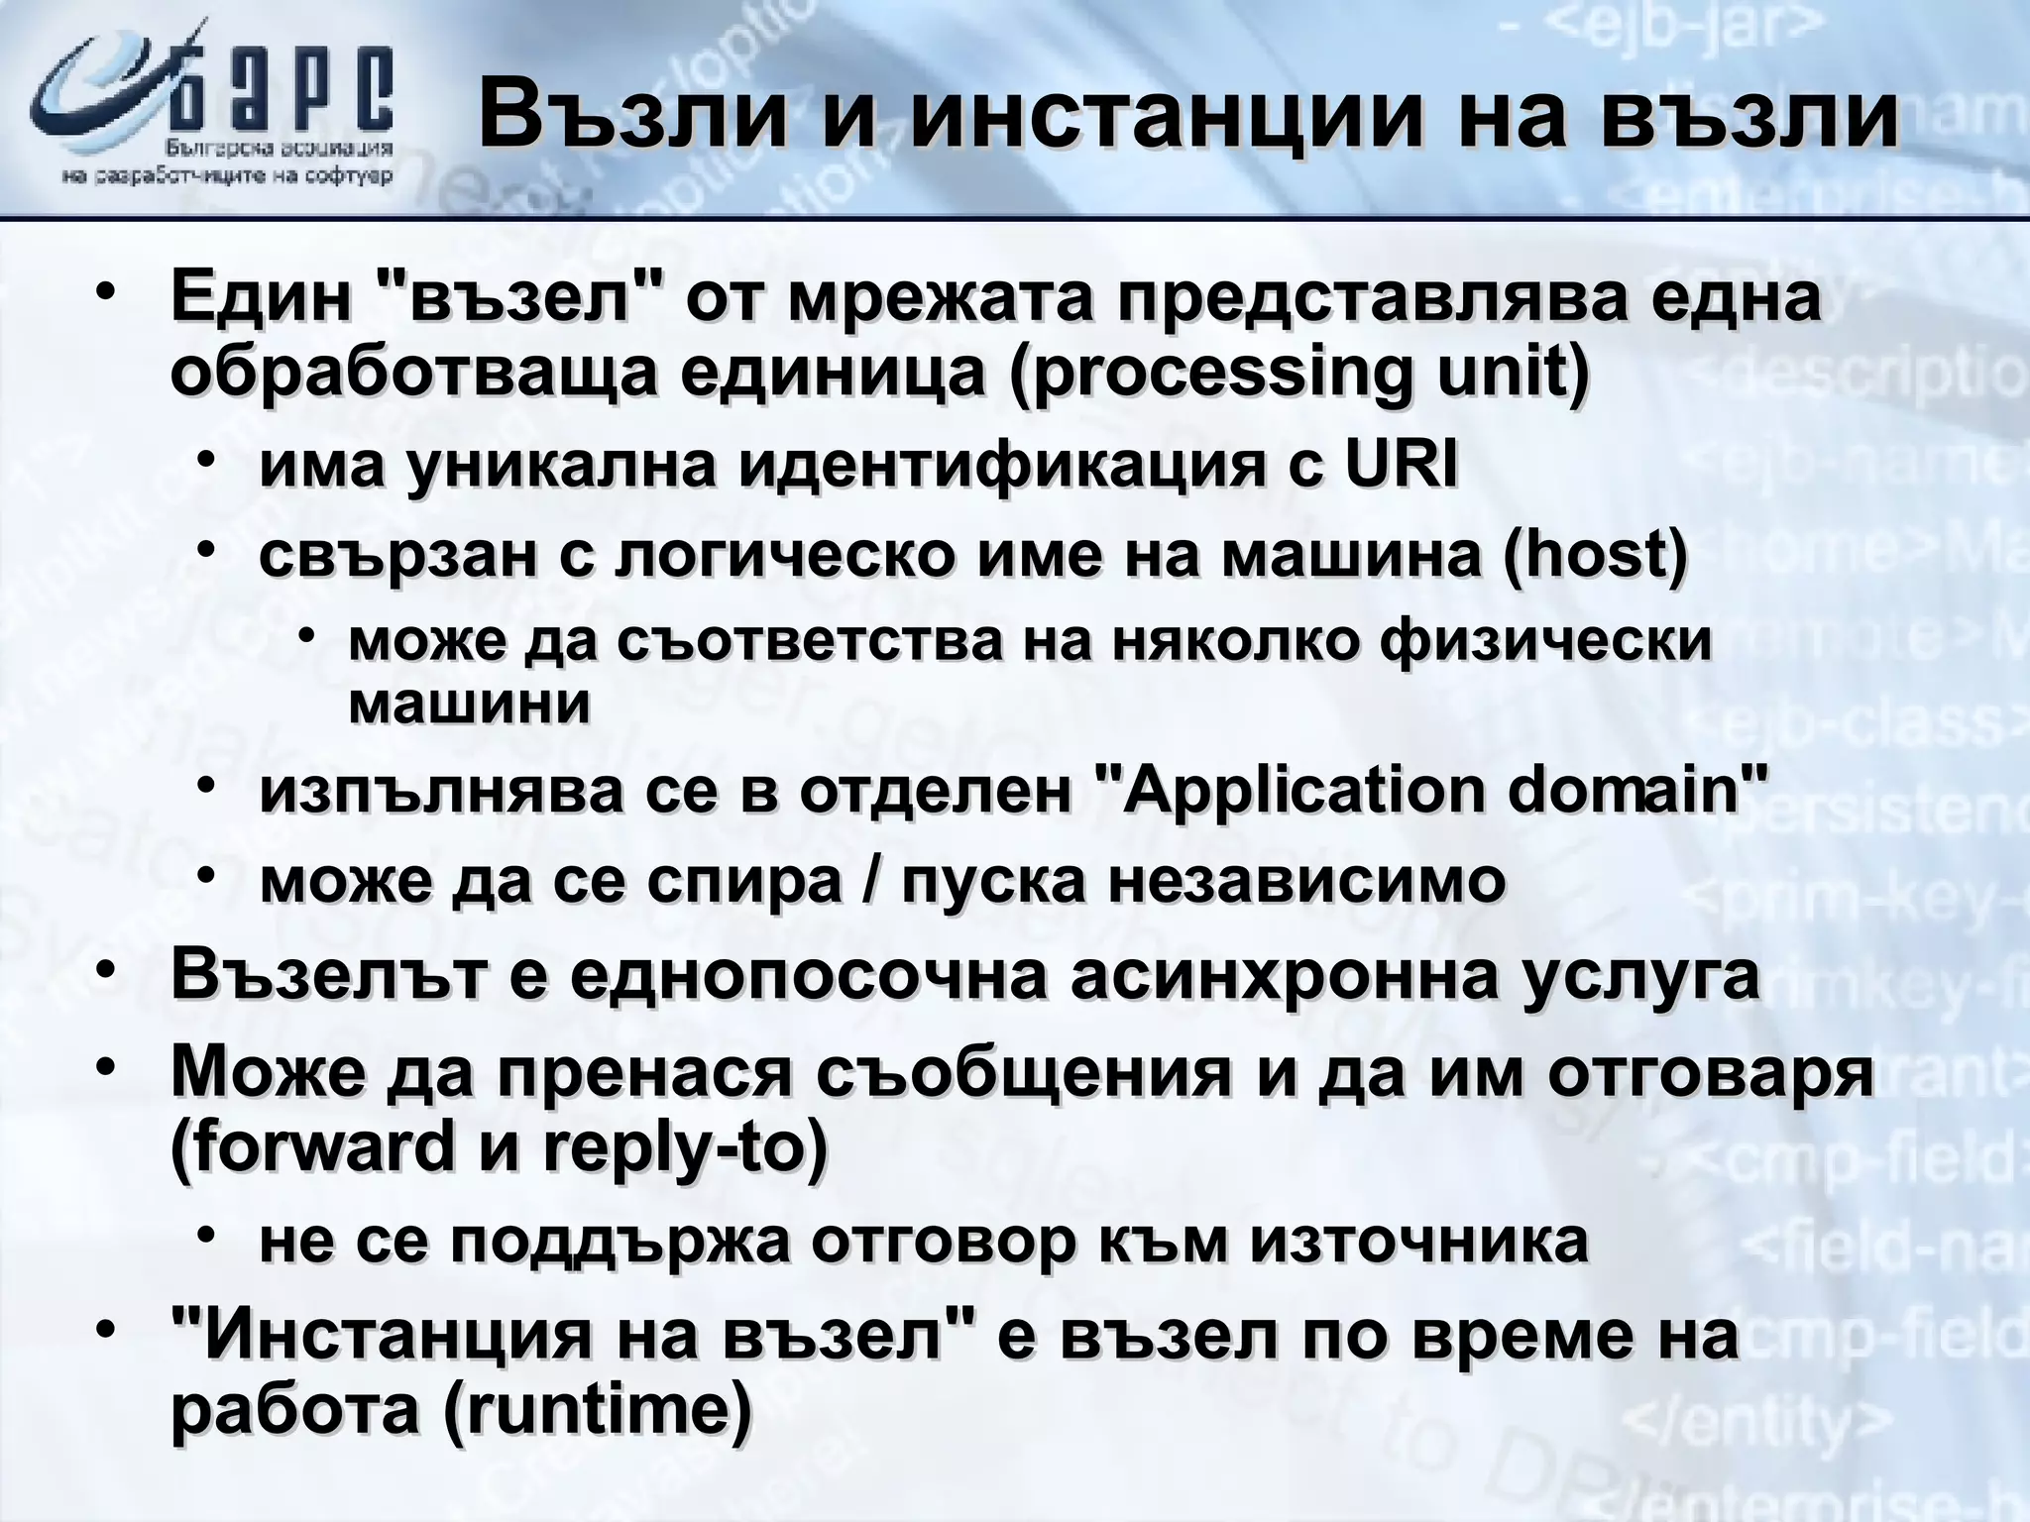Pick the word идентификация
(1002, 466)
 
